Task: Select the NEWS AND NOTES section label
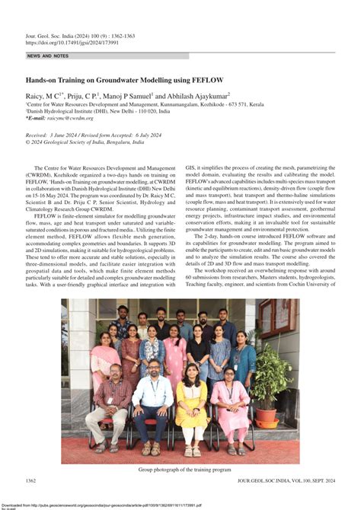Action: tap(47, 56)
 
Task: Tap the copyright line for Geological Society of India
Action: tap(84, 142)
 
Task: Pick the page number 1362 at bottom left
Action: tap(31, 481)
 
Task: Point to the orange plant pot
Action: tap(265, 417)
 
